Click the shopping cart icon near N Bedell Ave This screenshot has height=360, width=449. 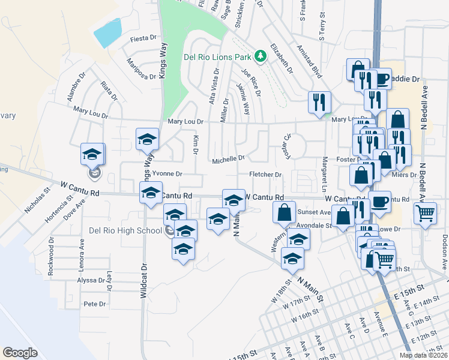click(425, 212)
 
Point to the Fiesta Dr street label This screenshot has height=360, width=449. click(143, 40)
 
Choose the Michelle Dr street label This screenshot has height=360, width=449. click(228, 159)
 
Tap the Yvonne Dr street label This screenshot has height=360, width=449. click(167, 174)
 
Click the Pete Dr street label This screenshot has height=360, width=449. click(95, 304)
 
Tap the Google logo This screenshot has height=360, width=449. click(20, 353)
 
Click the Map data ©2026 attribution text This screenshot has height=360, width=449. click(423, 355)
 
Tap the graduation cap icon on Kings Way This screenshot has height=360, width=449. click(147, 139)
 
